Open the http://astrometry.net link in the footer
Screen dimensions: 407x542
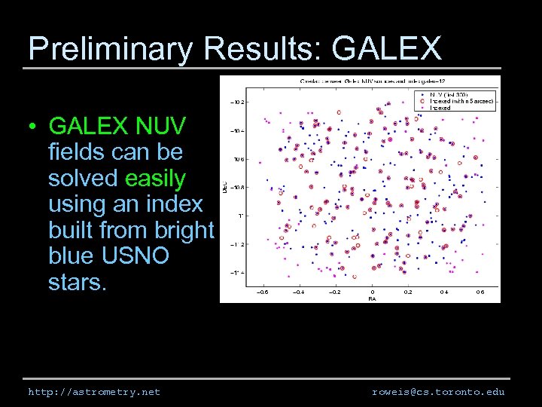coord(94,392)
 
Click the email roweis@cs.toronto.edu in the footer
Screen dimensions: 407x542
coord(438,392)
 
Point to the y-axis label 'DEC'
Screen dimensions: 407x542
coord(224,184)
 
